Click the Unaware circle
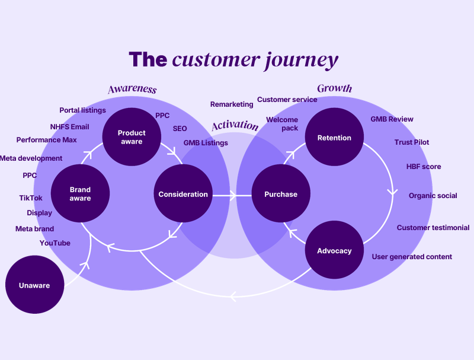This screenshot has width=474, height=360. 35,285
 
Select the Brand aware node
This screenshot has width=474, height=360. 80,193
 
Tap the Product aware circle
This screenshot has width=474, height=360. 132,137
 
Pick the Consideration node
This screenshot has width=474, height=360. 183,193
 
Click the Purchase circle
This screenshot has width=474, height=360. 281,193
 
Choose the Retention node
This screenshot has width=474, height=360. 334,137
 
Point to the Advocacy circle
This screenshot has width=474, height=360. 334,250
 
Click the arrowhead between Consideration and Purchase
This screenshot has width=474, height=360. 233,196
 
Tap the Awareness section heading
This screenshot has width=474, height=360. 132,89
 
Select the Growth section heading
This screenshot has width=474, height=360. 335,88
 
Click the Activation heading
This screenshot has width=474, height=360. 235,125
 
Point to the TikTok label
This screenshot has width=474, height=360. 31,198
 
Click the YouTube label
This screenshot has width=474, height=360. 55,243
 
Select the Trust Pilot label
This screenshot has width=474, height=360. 412,142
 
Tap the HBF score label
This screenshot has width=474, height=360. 424,167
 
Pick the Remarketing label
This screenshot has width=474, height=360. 232,104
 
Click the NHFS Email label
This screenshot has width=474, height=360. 69,127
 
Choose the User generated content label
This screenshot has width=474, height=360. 412,257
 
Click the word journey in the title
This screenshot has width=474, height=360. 302,60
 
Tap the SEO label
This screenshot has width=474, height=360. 180,129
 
